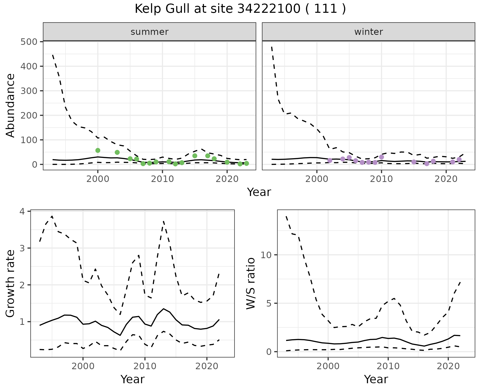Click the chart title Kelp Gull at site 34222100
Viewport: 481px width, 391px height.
point(240,9)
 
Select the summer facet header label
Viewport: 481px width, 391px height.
point(150,32)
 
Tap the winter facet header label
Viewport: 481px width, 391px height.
point(369,32)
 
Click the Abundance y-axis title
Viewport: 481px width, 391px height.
point(10,105)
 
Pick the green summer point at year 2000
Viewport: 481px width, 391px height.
point(98,150)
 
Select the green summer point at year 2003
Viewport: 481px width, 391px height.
point(117,152)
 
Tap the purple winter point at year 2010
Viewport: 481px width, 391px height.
point(382,157)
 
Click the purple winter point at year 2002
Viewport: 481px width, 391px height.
point(330,160)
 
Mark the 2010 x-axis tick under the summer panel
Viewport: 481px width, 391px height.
point(162,179)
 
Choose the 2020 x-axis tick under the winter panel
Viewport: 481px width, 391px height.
point(446,179)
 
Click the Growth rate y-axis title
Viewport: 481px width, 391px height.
point(10,284)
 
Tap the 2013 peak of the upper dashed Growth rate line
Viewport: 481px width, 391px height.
point(163,222)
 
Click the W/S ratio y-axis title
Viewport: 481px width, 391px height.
point(251,283)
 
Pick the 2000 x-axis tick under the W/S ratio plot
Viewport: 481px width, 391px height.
point(328,366)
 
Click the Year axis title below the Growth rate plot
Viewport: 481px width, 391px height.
point(133,379)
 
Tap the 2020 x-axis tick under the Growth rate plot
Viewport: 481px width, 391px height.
point(207,366)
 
